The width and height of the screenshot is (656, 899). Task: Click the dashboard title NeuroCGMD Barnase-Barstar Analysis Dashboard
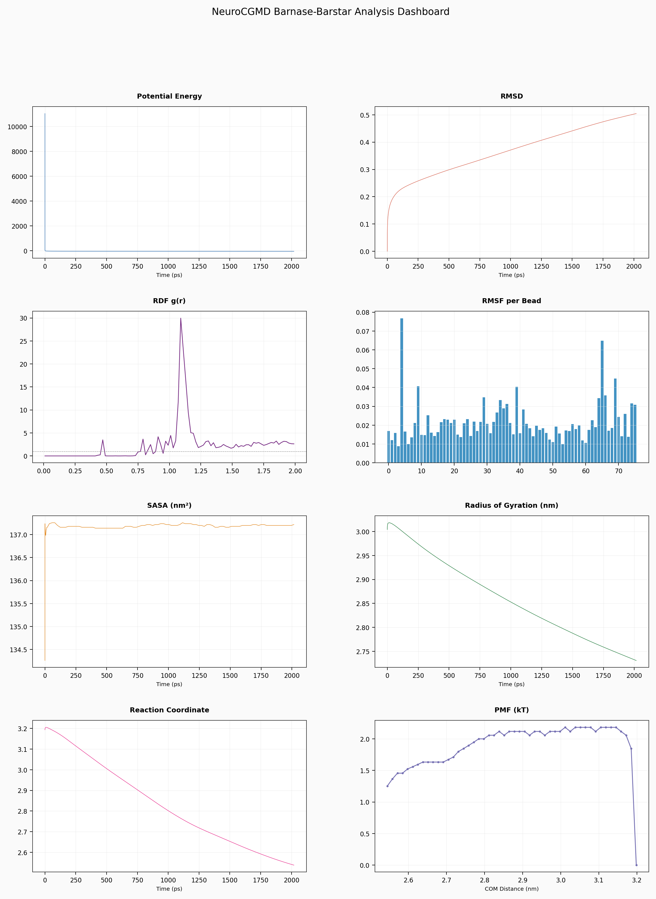tap(330, 12)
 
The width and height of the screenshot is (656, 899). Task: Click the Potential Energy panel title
tap(169, 96)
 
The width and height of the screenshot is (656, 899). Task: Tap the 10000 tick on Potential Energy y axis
tap(17, 127)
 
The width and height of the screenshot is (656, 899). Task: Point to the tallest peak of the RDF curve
tap(181, 318)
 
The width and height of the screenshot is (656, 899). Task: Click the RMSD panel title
tap(511, 96)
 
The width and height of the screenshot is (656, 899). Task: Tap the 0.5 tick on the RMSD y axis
tap(364, 115)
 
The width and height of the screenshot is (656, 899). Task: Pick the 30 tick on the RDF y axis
tap(23, 318)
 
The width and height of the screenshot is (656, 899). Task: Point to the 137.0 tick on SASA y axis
tap(18, 535)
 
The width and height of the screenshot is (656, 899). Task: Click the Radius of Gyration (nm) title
tap(511, 506)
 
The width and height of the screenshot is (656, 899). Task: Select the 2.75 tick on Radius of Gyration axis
tap(363, 652)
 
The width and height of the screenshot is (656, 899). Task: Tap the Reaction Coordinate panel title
tap(169, 710)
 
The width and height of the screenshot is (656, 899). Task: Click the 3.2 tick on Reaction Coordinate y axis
tap(22, 729)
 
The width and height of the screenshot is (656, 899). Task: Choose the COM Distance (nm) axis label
tap(511, 889)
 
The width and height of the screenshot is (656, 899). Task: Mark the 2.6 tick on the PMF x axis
tap(408, 880)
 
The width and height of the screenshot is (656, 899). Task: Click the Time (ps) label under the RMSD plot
tap(511, 275)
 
